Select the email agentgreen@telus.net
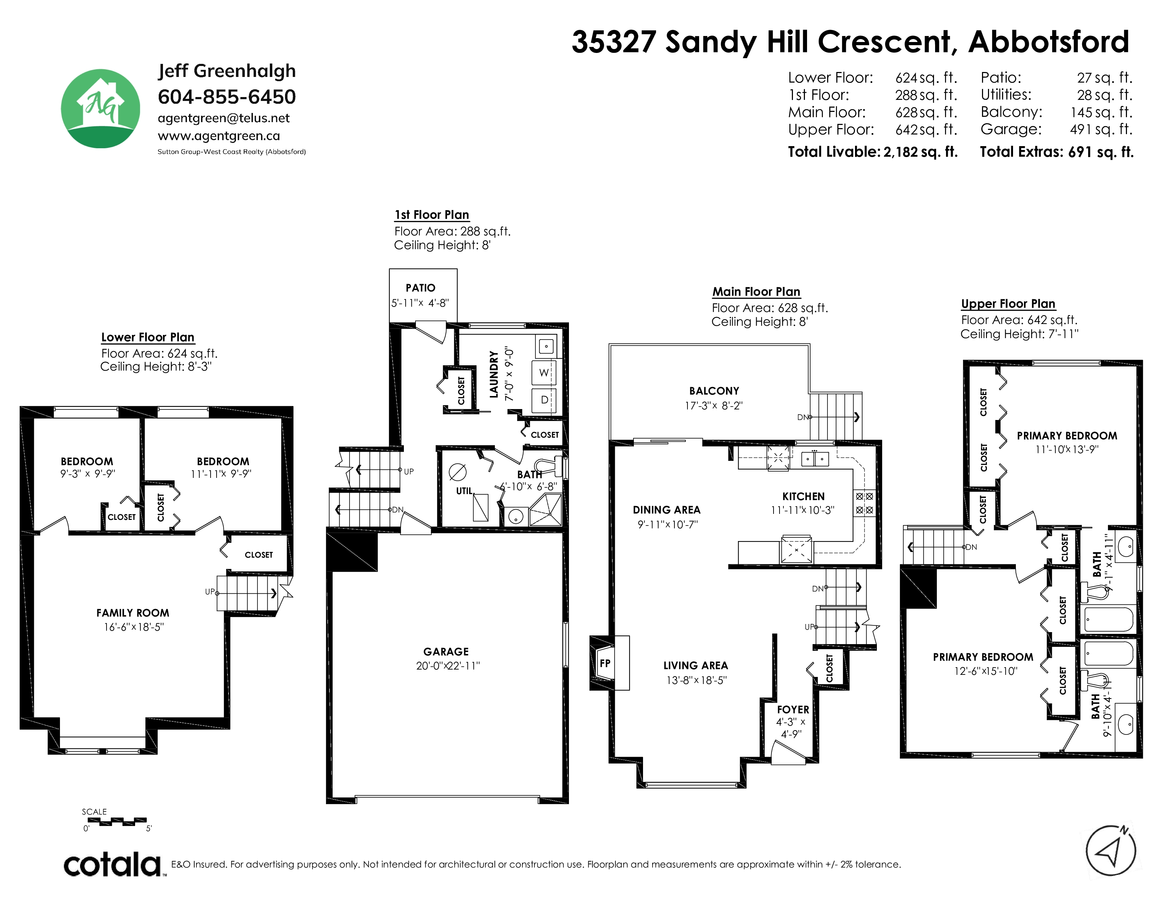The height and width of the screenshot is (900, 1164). (224, 118)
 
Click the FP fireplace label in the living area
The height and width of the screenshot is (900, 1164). (605, 663)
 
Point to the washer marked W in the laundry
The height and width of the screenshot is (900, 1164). (544, 373)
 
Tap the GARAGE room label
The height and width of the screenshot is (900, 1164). (446, 652)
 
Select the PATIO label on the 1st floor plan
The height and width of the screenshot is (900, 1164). (420, 288)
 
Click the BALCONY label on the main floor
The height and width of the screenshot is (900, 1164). (714, 391)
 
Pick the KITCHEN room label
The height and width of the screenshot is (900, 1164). (803, 496)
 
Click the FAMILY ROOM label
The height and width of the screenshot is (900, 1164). (133, 613)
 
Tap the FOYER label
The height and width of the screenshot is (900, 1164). (793, 710)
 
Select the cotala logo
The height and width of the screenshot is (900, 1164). (113, 864)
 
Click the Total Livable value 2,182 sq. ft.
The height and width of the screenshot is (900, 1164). (920, 152)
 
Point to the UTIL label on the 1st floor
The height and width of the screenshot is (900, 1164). (464, 491)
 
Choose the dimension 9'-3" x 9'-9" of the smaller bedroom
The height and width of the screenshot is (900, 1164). (87, 473)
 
